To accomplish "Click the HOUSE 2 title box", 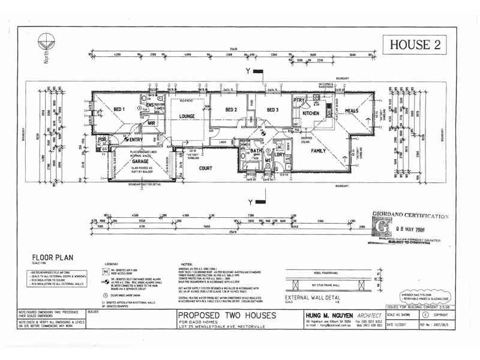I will click(410, 44).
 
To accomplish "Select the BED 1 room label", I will click(119, 110).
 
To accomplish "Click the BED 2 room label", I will click(232, 110).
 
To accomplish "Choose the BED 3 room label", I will click(273, 110).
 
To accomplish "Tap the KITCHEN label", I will click(311, 113).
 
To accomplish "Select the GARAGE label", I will click(140, 162).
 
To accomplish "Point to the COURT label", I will click(206, 169).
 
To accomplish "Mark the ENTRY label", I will click(135, 140).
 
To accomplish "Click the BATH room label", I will click(257, 151).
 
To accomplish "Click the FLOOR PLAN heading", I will click(53, 257).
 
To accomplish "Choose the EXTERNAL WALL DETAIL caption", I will click(311, 298).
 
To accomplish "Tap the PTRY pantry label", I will click(298, 101).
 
